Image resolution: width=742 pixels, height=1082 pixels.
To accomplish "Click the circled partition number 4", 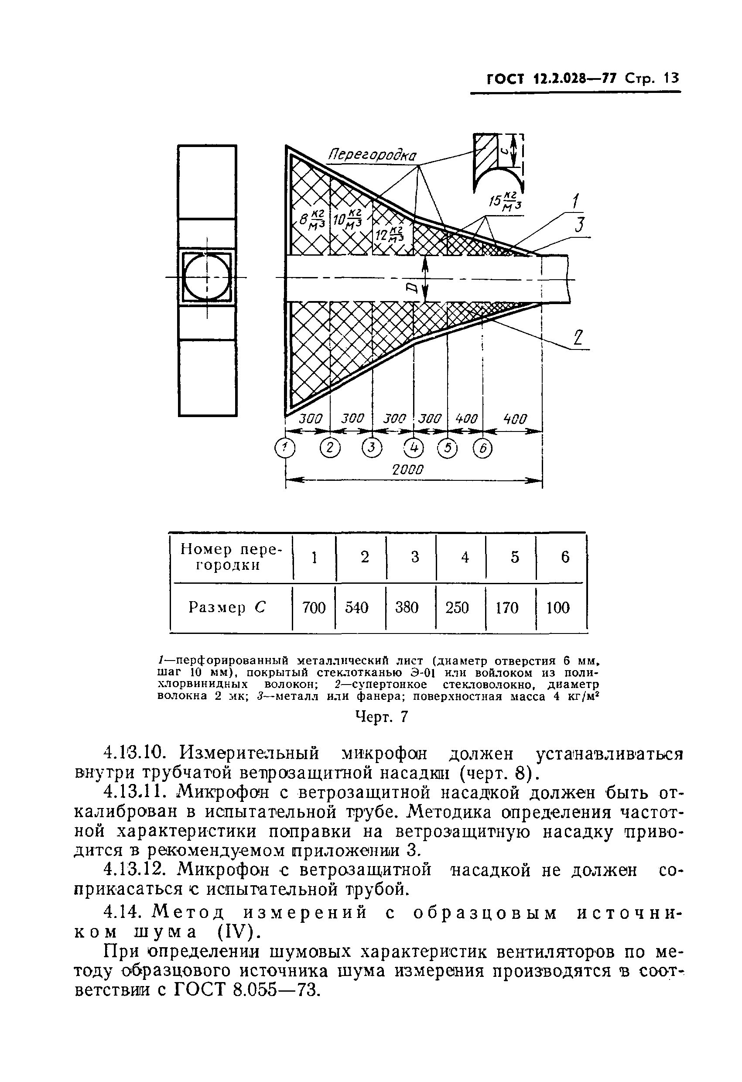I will pyautogui.click(x=414, y=449).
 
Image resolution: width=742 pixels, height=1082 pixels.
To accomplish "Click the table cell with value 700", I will pyautogui.click(x=314, y=608).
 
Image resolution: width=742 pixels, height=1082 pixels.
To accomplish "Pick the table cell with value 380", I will pyautogui.click(x=407, y=608).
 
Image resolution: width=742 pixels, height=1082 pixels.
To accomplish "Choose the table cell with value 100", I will pyautogui.click(x=557, y=608).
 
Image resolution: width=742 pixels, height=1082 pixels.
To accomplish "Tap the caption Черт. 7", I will pyautogui.click(x=381, y=716).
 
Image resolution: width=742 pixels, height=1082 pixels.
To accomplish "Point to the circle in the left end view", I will pyautogui.click(x=207, y=278).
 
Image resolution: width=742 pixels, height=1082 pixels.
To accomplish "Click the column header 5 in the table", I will pyautogui.click(x=514, y=557).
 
